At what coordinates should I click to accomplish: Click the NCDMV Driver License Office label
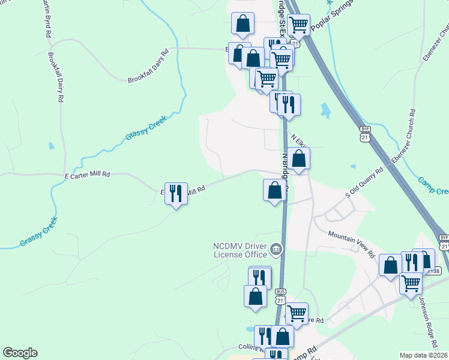[x=240, y=250]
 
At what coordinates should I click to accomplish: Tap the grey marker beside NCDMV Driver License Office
[x=276, y=248]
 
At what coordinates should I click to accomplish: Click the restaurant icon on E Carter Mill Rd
[x=176, y=193]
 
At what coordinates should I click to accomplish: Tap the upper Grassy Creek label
[x=145, y=127]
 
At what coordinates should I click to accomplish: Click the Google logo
[x=20, y=353]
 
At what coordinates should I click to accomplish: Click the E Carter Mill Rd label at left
[x=88, y=174]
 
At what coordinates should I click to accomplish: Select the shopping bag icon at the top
[x=243, y=25]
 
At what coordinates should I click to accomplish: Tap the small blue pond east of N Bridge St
[x=325, y=110]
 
